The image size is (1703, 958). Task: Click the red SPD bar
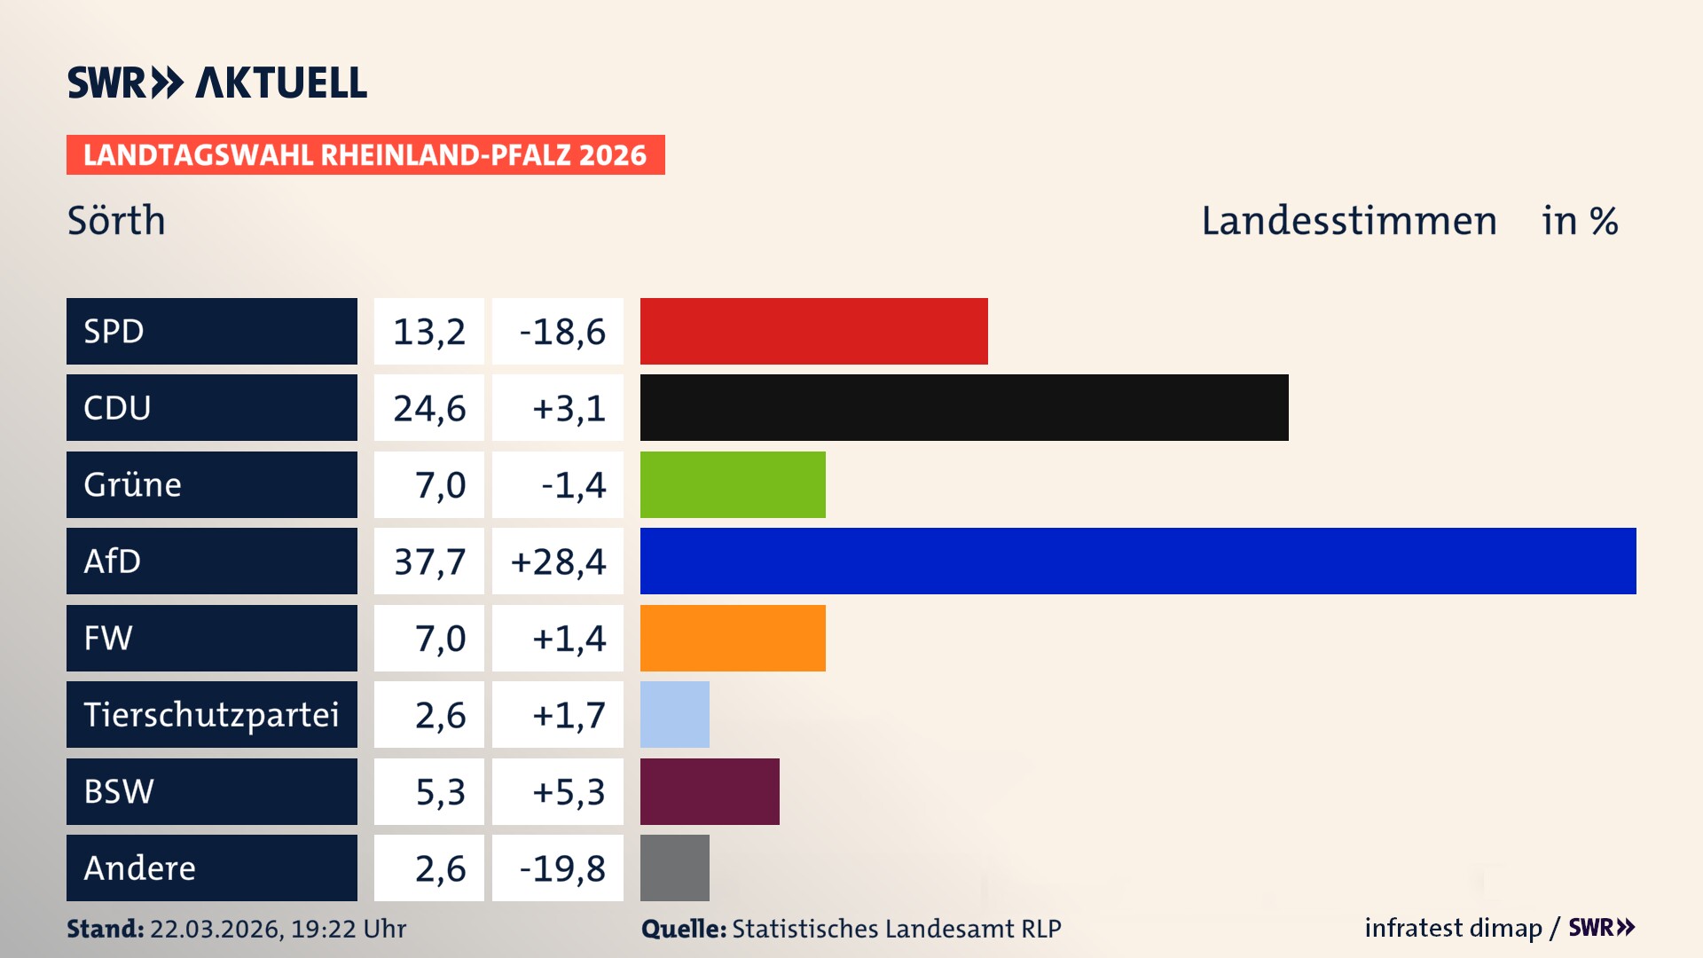(x=813, y=331)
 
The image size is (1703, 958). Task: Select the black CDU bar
(x=964, y=407)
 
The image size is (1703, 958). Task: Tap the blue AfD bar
(x=1138, y=561)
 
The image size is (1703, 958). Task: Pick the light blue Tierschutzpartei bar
(x=674, y=714)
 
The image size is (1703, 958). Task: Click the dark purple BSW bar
(x=710, y=791)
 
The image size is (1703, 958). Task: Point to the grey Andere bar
(x=674, y=868)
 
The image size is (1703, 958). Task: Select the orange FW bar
(x=733, y=638)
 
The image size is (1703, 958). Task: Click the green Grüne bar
(x=733, y=484)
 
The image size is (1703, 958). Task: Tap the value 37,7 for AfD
(x=429, y=561)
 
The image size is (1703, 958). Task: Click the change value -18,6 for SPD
(x=561, y=332)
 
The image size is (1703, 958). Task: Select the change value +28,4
(x=558, y=561)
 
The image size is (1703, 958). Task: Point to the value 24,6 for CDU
(x=429, y=408)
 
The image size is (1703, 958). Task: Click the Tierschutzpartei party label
(x=211, y=714)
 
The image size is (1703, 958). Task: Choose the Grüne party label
(x=133, y=484)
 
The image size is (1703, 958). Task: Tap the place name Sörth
(x=116, y=220)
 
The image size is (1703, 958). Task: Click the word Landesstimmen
(x=1348, y=220)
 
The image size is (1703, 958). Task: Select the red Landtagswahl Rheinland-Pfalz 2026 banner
(x=365, y=154)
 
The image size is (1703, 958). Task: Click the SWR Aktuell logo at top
(x=217, y=82)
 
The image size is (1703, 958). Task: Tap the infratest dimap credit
(x=1453, y=928)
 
